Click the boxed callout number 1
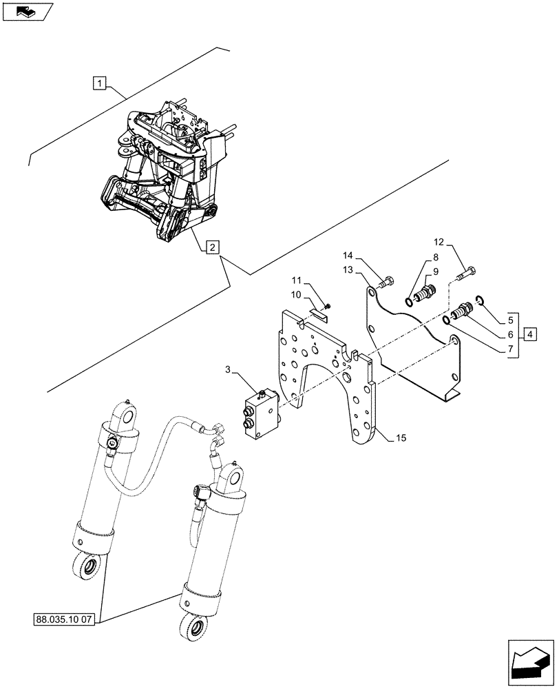(101, 85)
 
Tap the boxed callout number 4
(529, 336)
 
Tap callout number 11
(297, 280)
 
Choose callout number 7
(510, 349)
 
